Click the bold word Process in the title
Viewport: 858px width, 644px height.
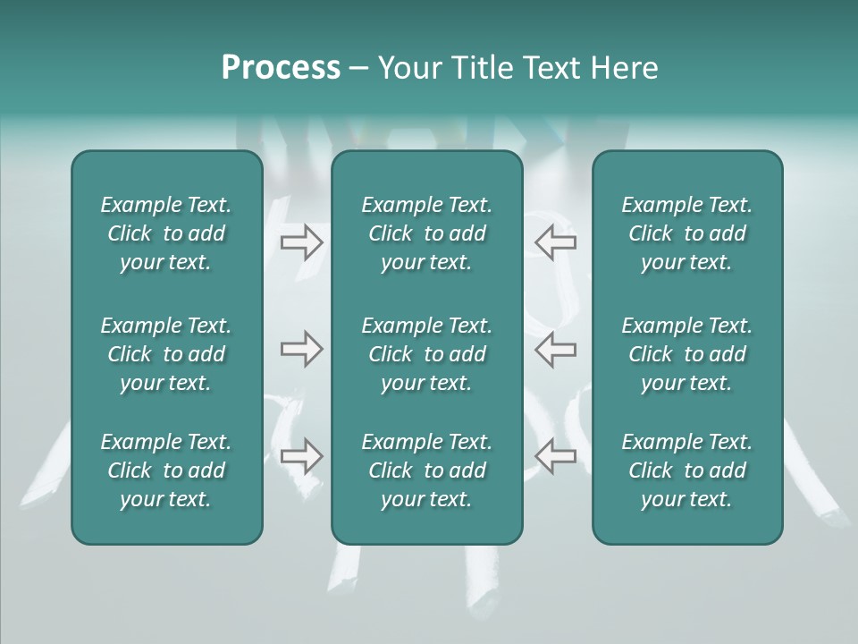point(281,68)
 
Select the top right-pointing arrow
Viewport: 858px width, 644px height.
point(301,241)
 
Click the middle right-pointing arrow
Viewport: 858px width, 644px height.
point(301,349)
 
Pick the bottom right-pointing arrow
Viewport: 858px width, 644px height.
point(301,456)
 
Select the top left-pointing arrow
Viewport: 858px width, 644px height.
point(555,241)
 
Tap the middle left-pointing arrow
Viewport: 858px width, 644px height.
point(555,349)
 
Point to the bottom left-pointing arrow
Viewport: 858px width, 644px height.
point(555,456)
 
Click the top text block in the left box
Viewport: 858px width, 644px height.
point(166,233)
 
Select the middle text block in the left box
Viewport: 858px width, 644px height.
point(166,354)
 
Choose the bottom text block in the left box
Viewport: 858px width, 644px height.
point(166,470)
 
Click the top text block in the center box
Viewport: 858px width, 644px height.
point(426,233)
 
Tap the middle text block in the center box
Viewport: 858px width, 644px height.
point(426,354)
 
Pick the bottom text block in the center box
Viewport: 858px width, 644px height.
point(426,470)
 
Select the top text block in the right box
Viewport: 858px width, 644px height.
point(686,233)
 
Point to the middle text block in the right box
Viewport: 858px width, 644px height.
point(686,354)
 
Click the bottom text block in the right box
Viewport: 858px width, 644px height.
point(686,470)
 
